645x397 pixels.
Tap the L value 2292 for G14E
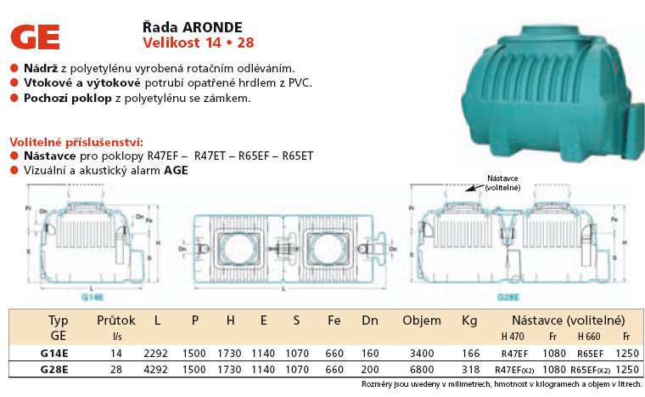[158, 352]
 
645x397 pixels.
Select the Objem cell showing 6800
[421, 370]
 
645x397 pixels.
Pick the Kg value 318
[470, 370]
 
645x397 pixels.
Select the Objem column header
[421, 320]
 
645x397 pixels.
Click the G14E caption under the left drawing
[91, 298]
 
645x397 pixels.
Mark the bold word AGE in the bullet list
[177, 170]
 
